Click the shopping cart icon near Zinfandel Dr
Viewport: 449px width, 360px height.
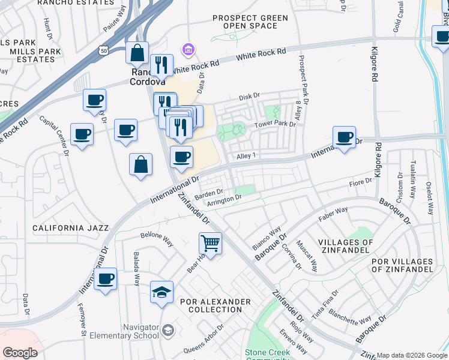pyautogui.click(x=210, y=243)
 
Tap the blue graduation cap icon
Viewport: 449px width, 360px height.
pyautogui.click(x=161, y=292)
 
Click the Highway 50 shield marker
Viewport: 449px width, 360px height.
pyautogui.click(x=104, y=52)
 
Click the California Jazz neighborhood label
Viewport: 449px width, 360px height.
pyautogui.click(x=71, y=228)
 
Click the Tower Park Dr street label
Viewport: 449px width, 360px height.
pyautogui.click(x=275, y=124)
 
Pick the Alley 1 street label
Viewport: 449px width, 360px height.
pyautogui.click(x=246, y=156)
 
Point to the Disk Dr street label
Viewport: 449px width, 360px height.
pyautogui.click(x=249, y=96)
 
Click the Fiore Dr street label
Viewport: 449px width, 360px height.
pyautogui.click(x=360, y=182)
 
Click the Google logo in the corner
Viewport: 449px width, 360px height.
pyautogui.click(x=20, y=353)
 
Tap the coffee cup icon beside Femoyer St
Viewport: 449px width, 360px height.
pyautogui.click(x=105, y=279)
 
